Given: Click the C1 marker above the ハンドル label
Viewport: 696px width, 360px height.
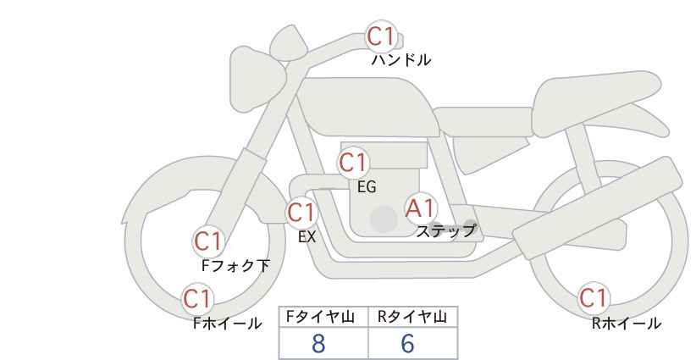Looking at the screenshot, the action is tap(381, 36).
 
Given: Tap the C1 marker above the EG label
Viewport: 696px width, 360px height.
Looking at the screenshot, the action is tap(352, 163).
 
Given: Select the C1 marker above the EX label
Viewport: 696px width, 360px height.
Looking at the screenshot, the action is tap(301, 213).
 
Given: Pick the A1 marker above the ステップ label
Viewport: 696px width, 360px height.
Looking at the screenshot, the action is tap(420, 208).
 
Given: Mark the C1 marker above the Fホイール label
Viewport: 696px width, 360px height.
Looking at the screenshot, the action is tap(197, 299).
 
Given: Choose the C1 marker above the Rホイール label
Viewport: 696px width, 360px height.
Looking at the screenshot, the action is tap(593, 298).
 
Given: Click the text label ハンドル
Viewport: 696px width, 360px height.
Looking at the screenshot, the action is tap(400, 60).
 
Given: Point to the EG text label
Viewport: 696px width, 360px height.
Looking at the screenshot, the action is tap(367, 187).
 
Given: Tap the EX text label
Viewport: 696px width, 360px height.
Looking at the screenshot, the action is tap(307, 237).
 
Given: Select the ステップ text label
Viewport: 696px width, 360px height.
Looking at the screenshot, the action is tap(445, 231).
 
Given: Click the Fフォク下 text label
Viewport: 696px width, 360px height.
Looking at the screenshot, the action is tap(235, 265).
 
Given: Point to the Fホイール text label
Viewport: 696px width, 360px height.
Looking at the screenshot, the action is tap(227, 324).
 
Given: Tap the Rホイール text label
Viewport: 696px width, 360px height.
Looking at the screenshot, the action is tap(627, 324).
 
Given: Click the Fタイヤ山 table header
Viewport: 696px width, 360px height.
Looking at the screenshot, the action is tap(320, 317).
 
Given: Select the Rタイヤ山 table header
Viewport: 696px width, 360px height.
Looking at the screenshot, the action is tap(412, 317).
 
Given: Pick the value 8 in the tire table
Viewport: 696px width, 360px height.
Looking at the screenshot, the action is tap(318, 344).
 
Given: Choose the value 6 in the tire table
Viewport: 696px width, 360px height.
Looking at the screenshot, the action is tap(407, 344).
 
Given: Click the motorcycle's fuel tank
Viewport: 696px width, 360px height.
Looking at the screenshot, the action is tap(368, 107).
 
